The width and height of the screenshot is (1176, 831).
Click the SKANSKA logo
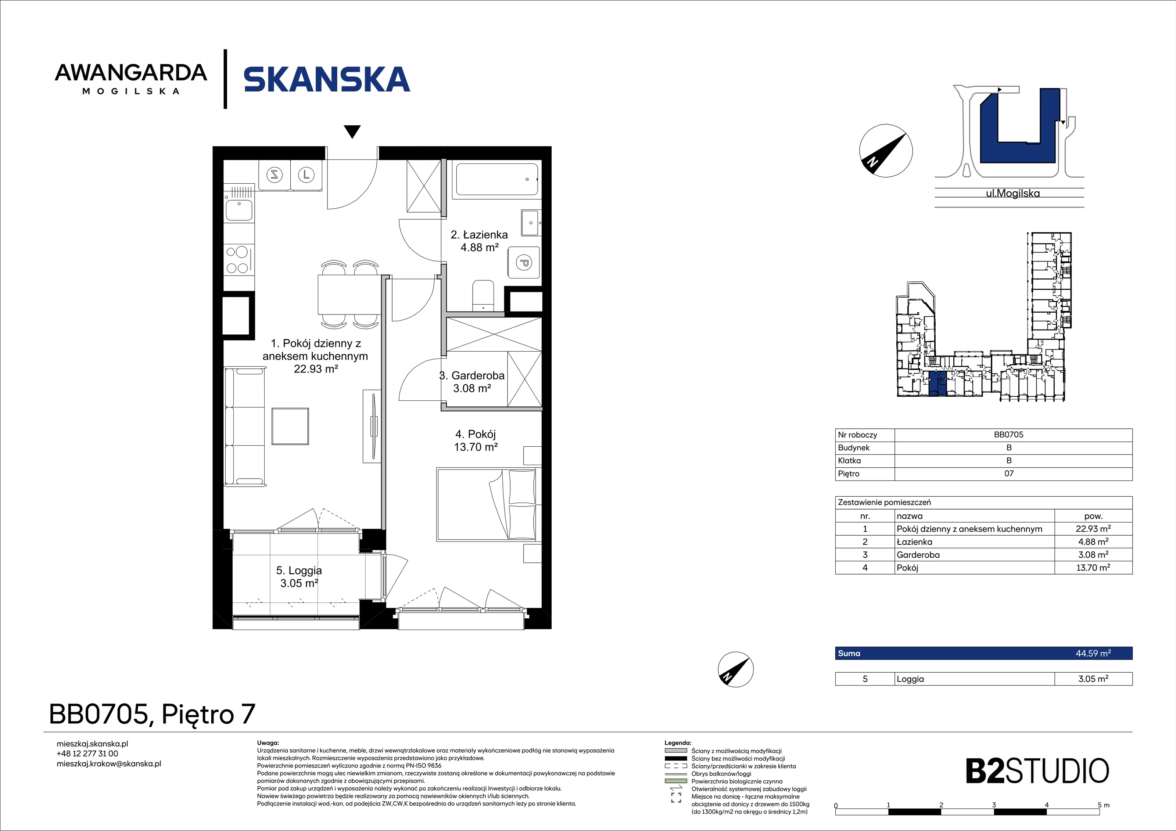pos(327,79)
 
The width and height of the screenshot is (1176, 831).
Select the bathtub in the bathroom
pos(496,179)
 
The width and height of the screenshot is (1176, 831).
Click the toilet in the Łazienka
pos(483,295)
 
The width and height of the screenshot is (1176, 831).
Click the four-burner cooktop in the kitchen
pos(238,260)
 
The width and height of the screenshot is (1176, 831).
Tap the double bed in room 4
pos(487,504)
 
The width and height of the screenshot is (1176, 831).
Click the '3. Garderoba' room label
pos(472,375)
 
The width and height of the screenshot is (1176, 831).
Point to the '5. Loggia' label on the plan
pos(299,571)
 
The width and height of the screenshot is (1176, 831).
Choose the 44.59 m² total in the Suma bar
pos(1093,653)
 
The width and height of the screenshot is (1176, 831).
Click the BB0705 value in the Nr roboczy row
pos(1008,435)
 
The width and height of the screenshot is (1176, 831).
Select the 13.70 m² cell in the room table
pos(1093,567)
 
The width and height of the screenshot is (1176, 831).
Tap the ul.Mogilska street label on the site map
pos(1012,194)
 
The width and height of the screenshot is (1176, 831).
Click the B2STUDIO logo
pos(1037,771)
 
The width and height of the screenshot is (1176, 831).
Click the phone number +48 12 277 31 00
pos(87,754)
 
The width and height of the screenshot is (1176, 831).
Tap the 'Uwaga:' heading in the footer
pos(268,743)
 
